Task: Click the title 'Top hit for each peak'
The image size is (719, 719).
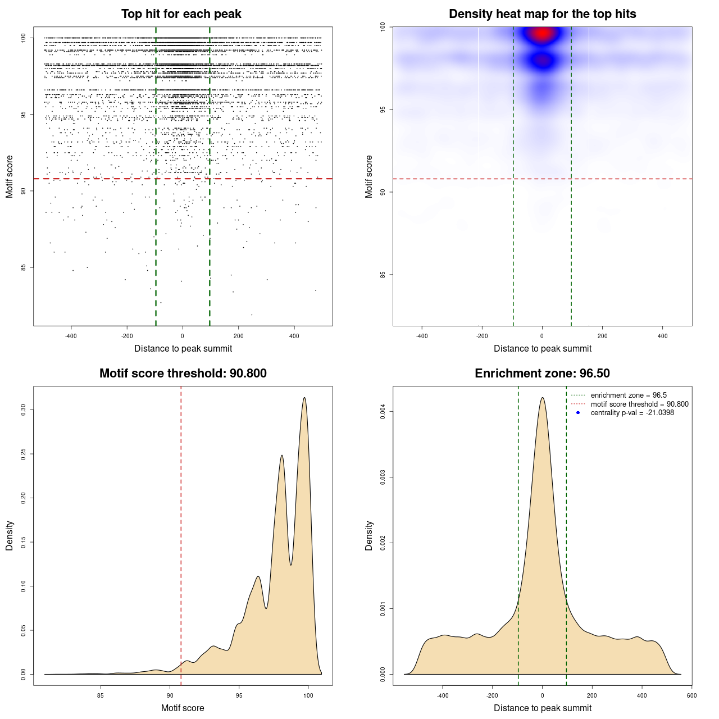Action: (x=181, y=14)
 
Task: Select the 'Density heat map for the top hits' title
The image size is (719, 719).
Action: (x=542, y=14)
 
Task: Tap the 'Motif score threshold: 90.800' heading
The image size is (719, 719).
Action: (x=183, y=374)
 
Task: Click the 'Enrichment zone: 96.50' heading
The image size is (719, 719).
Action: (x=542, y=374)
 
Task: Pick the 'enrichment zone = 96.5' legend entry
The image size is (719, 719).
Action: (x=629, y=395)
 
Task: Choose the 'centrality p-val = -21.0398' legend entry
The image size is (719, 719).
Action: (x=632, y=413)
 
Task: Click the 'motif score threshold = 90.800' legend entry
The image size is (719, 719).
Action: (x=639, y=404)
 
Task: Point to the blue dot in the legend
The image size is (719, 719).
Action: (x=578, y=413)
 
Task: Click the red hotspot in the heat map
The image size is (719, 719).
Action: (x=542, y=34)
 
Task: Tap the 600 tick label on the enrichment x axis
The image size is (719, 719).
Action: (x=691, y=695)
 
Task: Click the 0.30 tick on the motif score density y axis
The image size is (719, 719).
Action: (x=24, y=410)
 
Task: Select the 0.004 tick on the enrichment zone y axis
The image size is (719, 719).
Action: (x=383, y=412)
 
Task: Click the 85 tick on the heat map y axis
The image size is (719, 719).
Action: (x=383, y=275)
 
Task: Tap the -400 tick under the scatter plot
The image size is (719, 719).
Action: (x=71, y=336)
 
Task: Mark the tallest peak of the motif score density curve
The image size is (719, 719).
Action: (x=304, y=398)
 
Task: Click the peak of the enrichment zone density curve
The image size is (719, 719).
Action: (x=542, y=398)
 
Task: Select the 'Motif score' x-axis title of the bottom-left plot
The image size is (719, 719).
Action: (x=183, y=708)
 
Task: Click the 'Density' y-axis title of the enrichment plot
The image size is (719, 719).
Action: (x=369, y=535)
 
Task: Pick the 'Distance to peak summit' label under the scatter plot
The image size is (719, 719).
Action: (x=183, y=348)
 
